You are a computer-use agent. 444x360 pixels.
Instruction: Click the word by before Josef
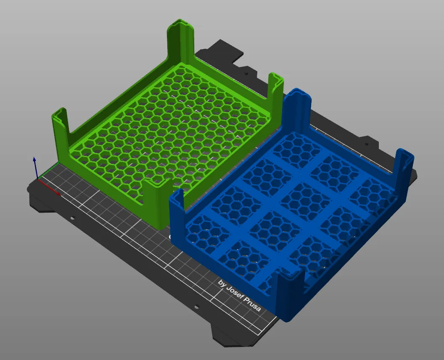222,284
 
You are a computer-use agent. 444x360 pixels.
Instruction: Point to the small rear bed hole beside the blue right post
367,144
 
